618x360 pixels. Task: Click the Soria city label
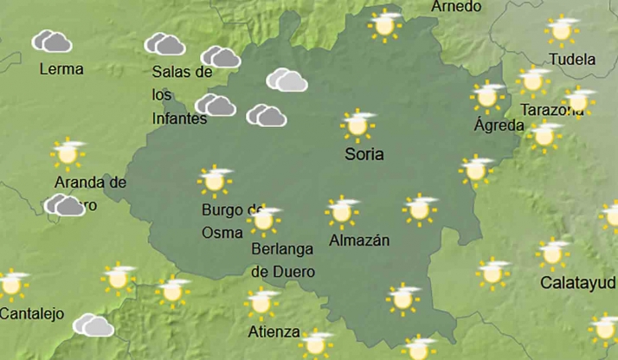click(x=364, y=155)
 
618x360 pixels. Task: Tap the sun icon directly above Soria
click(x=357, y=125)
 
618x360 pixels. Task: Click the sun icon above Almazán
click(x=342, y=210)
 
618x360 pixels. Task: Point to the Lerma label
click(x=61, y=68)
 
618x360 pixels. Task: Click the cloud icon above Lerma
click(x=51, y=41)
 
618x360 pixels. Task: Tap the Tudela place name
click(x=572, y=60)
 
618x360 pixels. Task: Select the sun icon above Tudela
click(x=562, y=30)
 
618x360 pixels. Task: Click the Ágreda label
click(x=499, y=125)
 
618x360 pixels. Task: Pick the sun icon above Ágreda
click(x=488, y=96)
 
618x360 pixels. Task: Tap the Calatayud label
click(x=578, y=283)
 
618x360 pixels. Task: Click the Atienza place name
click(x=274, y=331)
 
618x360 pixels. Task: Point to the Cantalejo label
click(x=32, y=313)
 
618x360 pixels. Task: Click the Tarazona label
click(x=551, y=110)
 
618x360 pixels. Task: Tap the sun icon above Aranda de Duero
click(x=68, y=153)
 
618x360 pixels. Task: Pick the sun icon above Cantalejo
click(x=12, y=283)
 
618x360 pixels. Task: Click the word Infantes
click(x=179, y=119)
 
